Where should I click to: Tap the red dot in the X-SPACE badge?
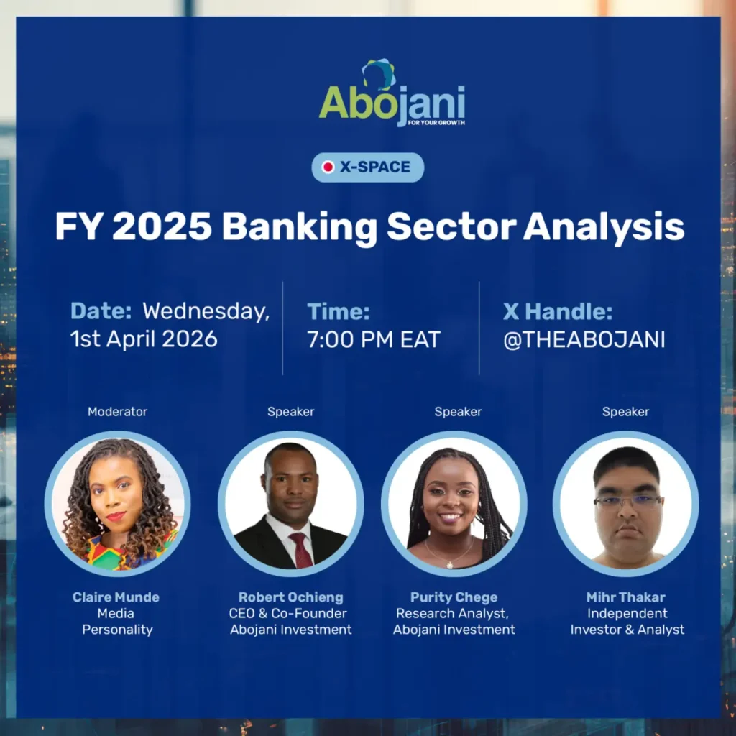pyautogui.click(x=328, y=167)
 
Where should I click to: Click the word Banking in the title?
pyautogui.click(x=299, y=228)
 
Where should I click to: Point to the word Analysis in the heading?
pyautogui.click(x=603, y=228)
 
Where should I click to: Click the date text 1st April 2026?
pyautogui.click(x=144, y=339)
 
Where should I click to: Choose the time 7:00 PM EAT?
pyautogui.click(x=373, y=339)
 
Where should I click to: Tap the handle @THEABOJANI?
pyautogui.click(x=584, y=339)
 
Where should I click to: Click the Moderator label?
pyautogui.click(x=117, y=412)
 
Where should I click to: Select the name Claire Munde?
pyautogui.click(x=116, y=597)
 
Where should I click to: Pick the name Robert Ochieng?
pyautogui.click(x=290, y=597)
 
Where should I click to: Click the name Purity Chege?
pyautogui.click(x=454, y=597)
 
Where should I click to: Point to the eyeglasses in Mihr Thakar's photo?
pyautogui.click(x=627, y=501)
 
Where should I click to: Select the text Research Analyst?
pyautogui.click(x=454, y=614)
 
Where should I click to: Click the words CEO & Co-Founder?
pyautogui.click(x=290, y=614)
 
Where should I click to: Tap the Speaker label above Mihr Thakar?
pyautogui.click(x=625, y=412)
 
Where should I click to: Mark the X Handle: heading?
pyautogui.click(x=557, y=312)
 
